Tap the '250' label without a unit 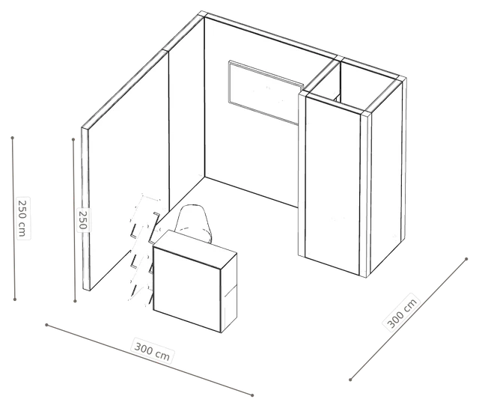pyautogui.click(x=83, y=219)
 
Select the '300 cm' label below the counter pyautogui.click(x=153, y=351)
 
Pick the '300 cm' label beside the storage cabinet pyautogui.click(x=402, y=312)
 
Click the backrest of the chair pyautogui.click(x=194, y=218)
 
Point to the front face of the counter pyautogui.click(x=187, y=290)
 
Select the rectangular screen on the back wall pyautogui.click(x=265, y=92)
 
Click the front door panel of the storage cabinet pyautogui.click(x=332, y=185)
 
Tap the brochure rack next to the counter pyautogui.click(x=144, y=248)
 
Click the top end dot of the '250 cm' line pyautogui.click(x=13, y=138)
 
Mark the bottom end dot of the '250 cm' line pyautogui.click(x=15, y=299)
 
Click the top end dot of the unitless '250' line pyautogui.click(x=73, y=139)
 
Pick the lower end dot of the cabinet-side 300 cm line pyautogui.click(x=350, y=380)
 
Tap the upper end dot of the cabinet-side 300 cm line pyautogui.click(x=466, y=259)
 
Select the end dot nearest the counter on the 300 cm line pyautogui.click(x=252, y=395)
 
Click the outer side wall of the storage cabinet pyautogui.click(x=386, y=177)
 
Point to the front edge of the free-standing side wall pyautogui.click(x=85, y=208)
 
